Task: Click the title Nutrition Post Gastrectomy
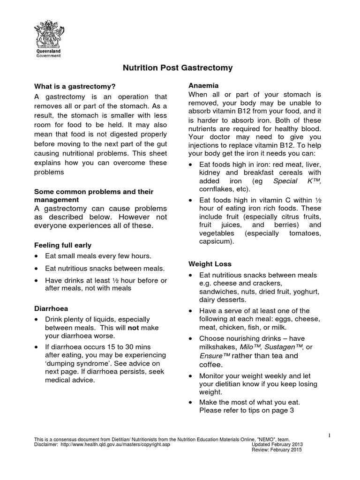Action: (x=178, y=68)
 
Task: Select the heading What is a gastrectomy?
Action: (x=75, y=86)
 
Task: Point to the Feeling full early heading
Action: (x=63, y=245)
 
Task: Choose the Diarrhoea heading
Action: (x=51, y=308)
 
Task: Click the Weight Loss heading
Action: (x=210, y=264)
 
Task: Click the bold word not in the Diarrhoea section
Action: (x=134, y=328)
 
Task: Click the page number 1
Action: (x=330, y=435)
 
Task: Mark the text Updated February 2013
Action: (x=277, y=444)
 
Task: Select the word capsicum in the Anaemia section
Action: (x=217, y=242)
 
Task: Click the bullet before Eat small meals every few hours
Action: (x=37, y=256)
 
